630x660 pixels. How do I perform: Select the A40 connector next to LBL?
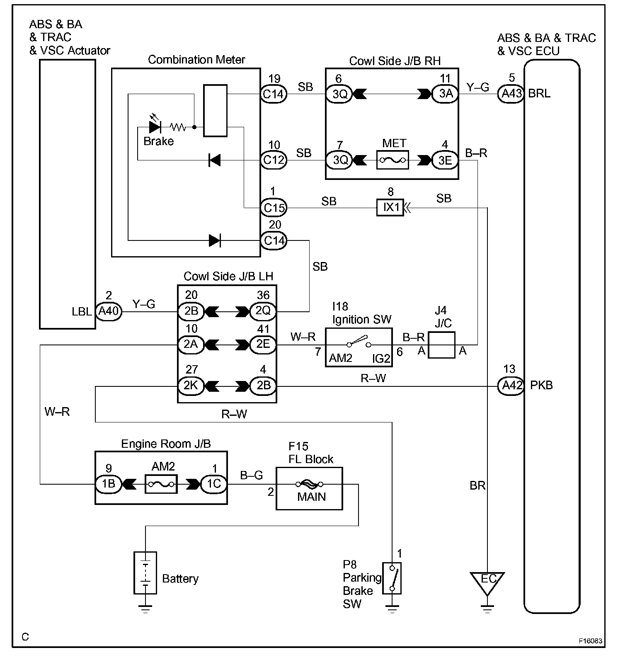(109, 311)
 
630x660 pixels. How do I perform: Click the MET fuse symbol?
(393, 160)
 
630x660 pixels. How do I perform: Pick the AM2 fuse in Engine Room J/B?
(161, 484)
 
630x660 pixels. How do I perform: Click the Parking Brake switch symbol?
(392, 578)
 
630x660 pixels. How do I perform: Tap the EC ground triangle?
(487, 580)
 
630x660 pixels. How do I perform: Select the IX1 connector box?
(390, 207)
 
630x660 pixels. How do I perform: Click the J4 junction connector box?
(441, 345)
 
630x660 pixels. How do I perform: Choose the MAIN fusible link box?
(309, 488)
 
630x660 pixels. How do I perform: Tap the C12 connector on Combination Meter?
(274, 160)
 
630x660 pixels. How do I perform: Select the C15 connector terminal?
(274, 207)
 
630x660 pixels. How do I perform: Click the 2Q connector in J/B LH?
(263, 311)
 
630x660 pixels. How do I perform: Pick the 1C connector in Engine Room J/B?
(214, 484)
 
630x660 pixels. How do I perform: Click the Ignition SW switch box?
(359, 347)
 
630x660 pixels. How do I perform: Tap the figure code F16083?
(590, 641)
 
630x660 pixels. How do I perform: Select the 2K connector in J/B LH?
(191, 386)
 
